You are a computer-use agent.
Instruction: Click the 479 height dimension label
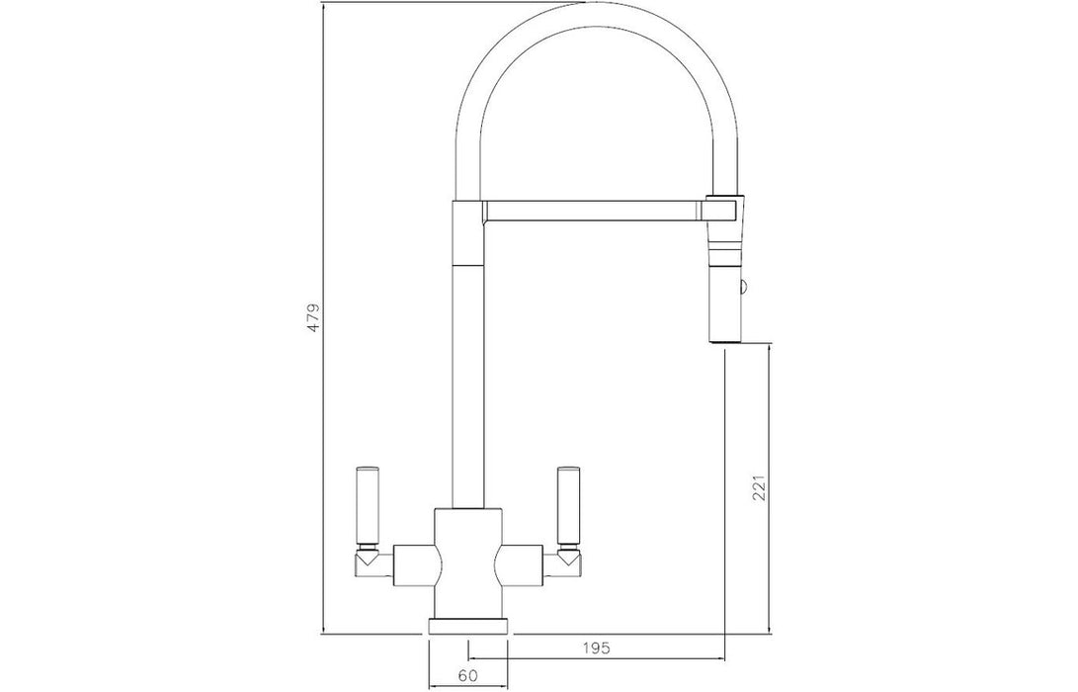tap(313, 317)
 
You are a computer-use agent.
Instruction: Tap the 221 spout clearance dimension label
tap(759, 486)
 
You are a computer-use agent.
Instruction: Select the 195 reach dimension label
tap(596, 648)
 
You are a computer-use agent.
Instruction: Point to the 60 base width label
tap(467, 676)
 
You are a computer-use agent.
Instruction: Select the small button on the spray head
tap(743, 287)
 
